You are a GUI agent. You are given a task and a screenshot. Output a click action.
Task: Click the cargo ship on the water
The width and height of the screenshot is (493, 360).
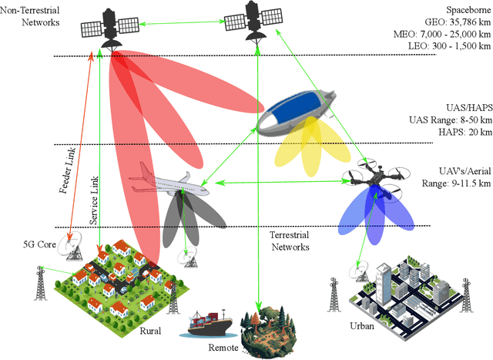(207, 325)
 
